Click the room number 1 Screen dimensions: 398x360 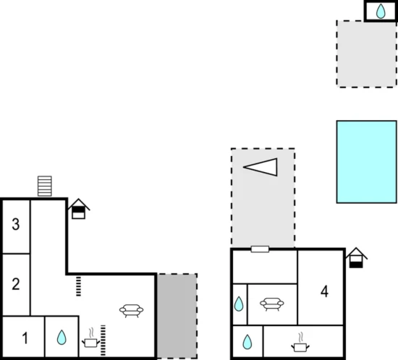click(x=25, y=338)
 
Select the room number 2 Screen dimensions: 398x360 click(x=16, y=284)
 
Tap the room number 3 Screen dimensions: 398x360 click(x=16, y=224)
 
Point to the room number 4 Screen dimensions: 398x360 click(x=324, y=291)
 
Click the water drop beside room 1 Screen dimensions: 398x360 click(x=62, y=337)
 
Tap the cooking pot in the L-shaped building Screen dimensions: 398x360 click(x=90, y=338)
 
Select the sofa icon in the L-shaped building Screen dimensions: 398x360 click(x=131, y=311)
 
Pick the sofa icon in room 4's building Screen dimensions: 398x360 click(x=272, y=304)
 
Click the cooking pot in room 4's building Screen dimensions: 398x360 click(x=300, y=343)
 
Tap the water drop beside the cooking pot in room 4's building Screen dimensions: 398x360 click(x=247, y=342)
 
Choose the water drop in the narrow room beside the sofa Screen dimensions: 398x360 click(x=239, y=304)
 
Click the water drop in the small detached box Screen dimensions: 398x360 click(x=381, y=11)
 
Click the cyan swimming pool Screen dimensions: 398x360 click(x=367, y=162)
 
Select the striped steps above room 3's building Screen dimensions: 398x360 click(x=45, y=186)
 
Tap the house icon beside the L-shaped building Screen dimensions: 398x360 click(x=79, y=209)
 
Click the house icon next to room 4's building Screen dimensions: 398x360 click(x=356, y=257)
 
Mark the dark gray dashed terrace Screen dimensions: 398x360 click(x=177, y=316)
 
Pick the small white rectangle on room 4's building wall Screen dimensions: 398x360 click(x=260, y=249)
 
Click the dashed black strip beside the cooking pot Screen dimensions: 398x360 click(x=103, y=340)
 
